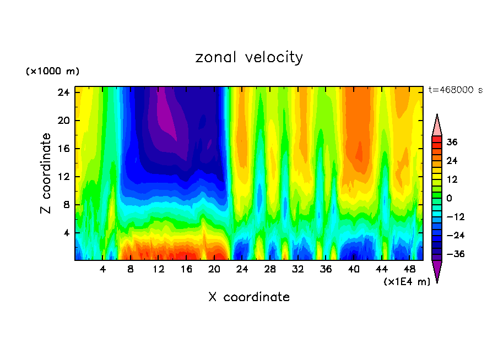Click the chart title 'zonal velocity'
(249, 57)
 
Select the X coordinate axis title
(249, 297)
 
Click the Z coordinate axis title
(47, 173)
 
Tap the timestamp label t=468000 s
(456, 90)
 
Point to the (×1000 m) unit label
(53, 72)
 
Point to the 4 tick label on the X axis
(103, 270)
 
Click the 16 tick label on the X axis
(186, 270)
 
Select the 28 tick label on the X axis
(270, 270)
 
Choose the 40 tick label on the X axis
(354, 270)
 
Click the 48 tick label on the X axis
(409, 270)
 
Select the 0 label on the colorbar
(450, 198)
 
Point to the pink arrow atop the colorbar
(437, 126)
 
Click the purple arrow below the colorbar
(437, 270)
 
